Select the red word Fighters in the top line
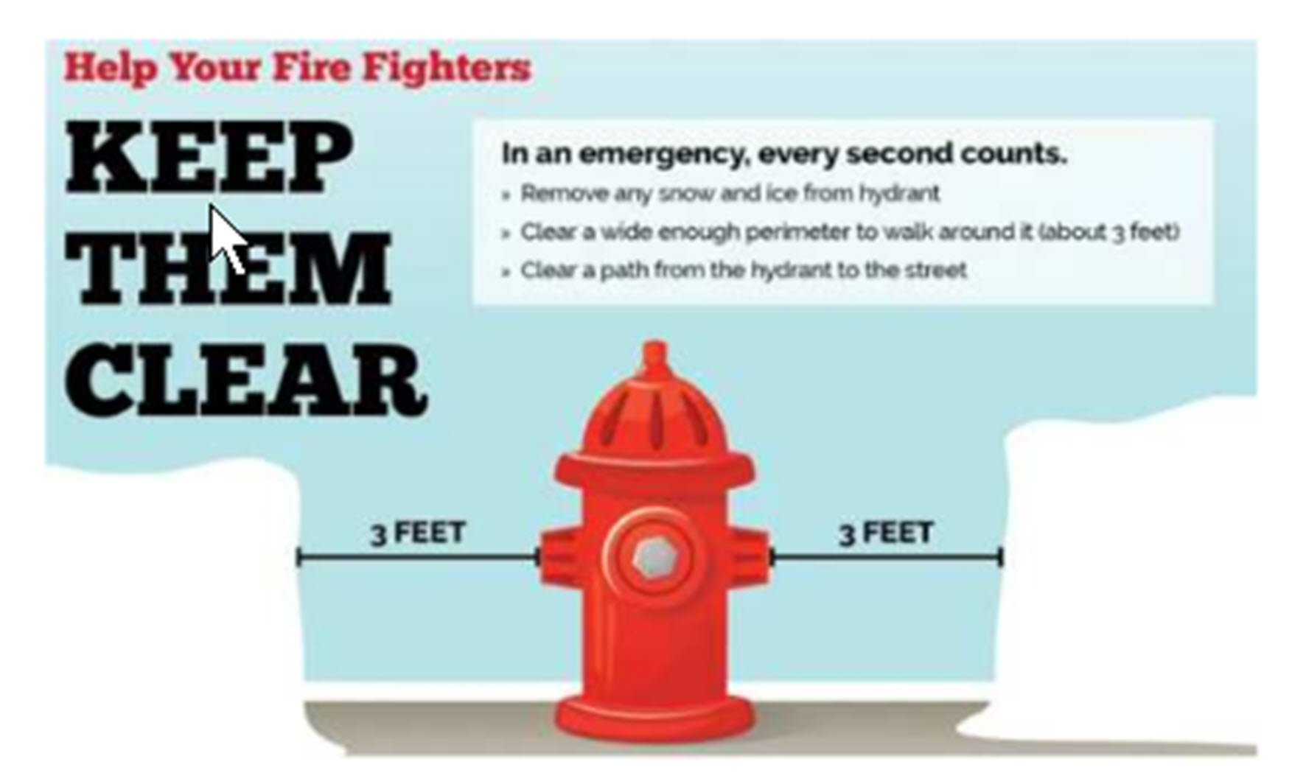pos(446,67)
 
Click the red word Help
pos(111,67)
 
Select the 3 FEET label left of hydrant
pos(417,532)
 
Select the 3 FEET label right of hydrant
pos(886,532)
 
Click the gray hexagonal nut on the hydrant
pos(651,558)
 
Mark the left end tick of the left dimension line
pos(298,557)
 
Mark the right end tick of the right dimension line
pos(1000,557)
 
